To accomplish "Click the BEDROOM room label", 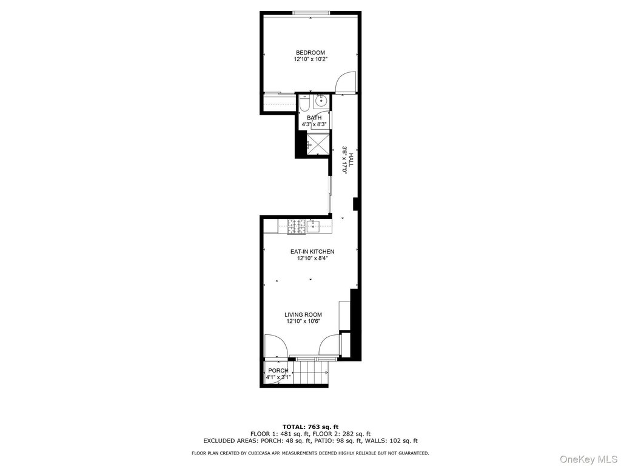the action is (x=310, y=53).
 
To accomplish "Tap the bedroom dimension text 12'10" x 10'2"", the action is (x=310, y=59).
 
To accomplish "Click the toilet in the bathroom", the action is (x=304, y=104).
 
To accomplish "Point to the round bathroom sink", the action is (x=320, y=102).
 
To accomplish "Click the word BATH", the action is (x=314, y=118).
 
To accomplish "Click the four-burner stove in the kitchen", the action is (x=297, y=227).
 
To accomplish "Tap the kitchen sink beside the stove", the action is (x=314, y=226).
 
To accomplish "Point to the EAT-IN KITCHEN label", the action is (x=312, y=252).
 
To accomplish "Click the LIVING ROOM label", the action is (x=303, y=315).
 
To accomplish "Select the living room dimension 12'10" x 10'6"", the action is (x=303, y=322).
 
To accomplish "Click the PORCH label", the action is (x=278, y=371).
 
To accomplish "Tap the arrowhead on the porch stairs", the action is (x=326, y=373).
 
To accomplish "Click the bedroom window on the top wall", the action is (x=310, y=13).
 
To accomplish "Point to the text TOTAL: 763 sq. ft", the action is (x=310, y=427).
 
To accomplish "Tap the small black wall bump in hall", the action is (x=355, y=204).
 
